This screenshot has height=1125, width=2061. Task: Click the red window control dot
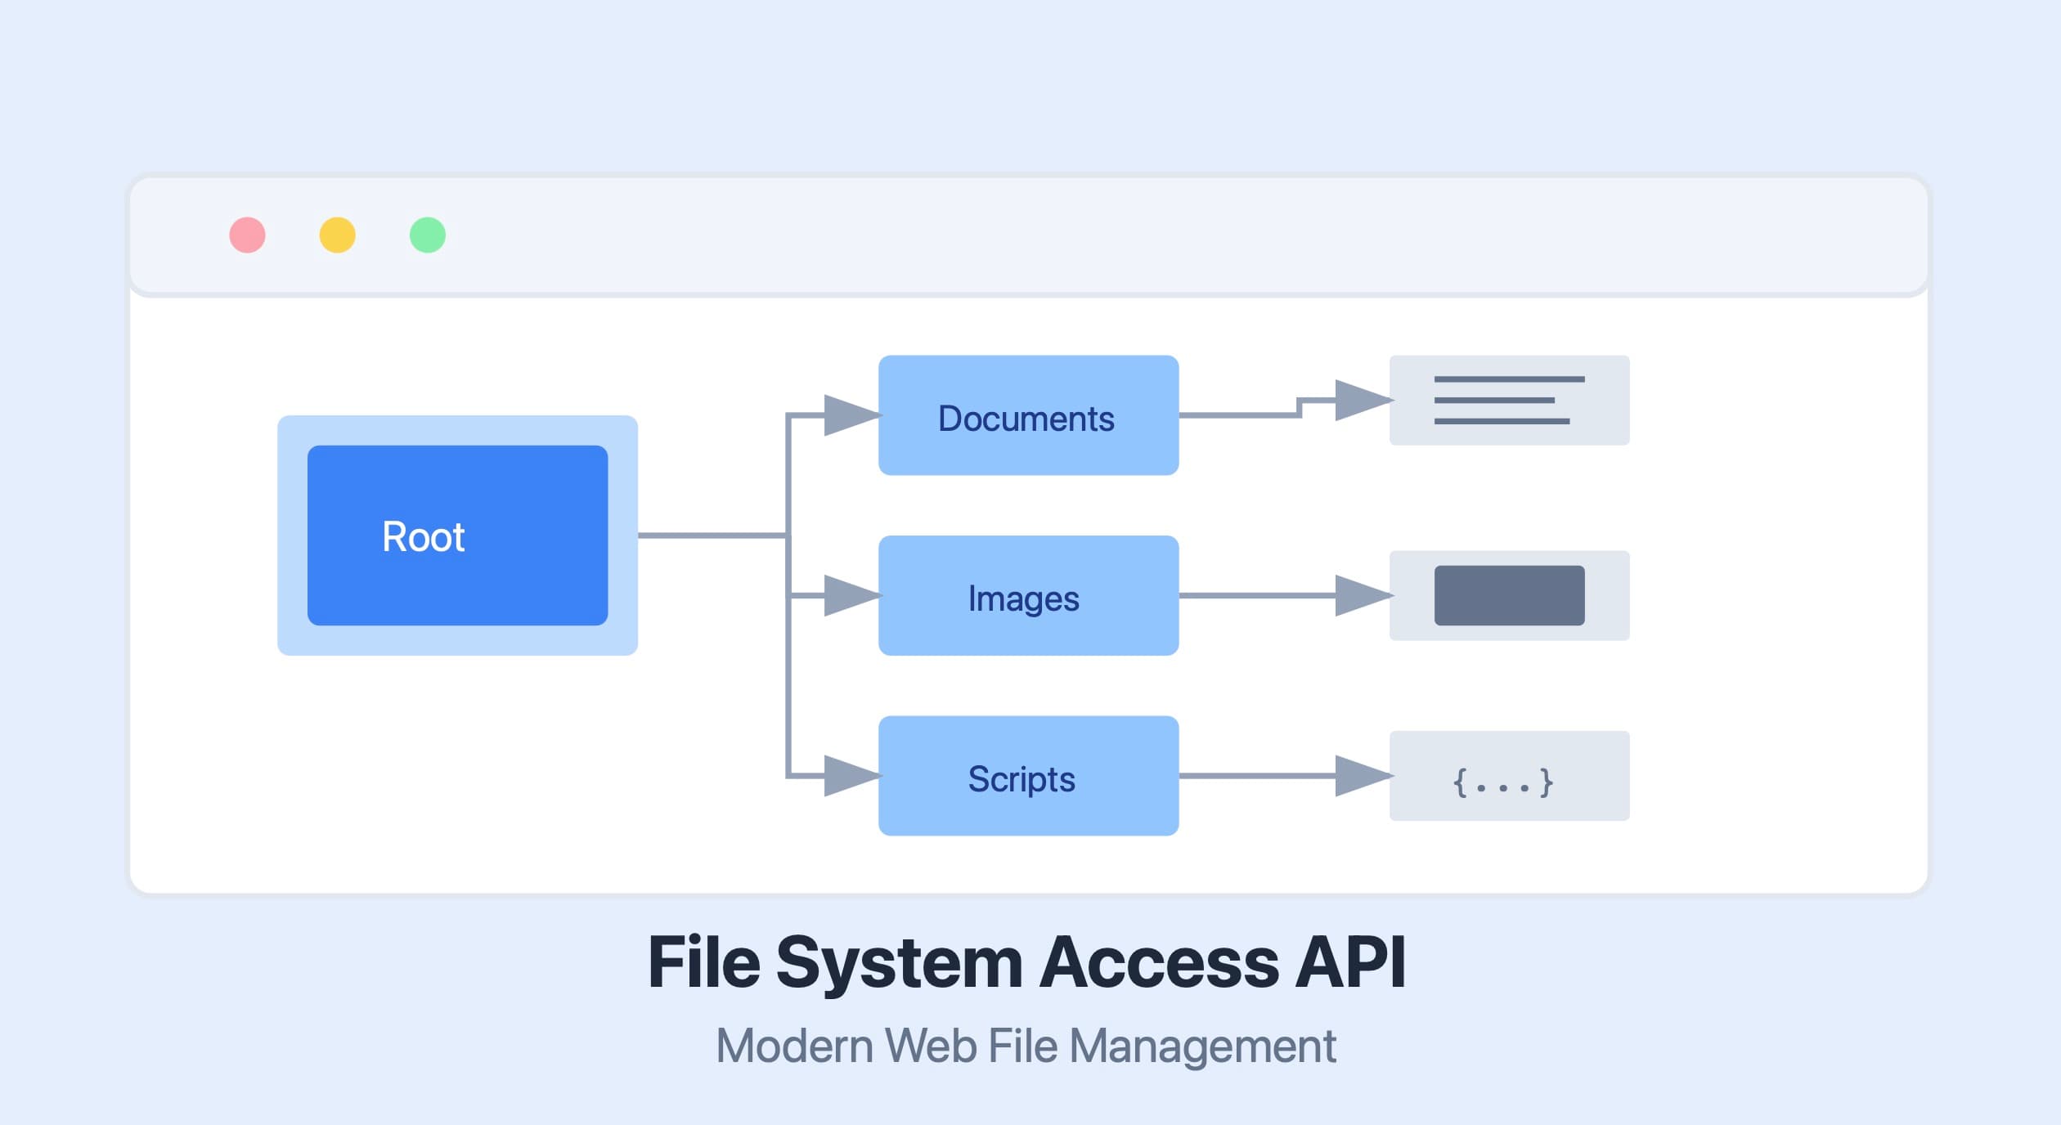pos(247,235)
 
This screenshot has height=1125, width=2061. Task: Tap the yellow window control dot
pos(337,235)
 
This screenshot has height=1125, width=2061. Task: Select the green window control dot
pos(427,235)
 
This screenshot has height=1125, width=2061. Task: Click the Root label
pos(423,537)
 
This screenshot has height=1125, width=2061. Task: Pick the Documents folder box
pos(1028,415)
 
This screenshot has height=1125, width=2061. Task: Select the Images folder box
pos(1028,595)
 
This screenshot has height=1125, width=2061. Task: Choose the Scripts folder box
pos(1028,776)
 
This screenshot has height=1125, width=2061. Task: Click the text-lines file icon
pos(1509,401)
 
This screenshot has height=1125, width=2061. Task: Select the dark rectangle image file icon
pos(1509,595)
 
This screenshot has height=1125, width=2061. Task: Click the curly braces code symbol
pos(1502,782)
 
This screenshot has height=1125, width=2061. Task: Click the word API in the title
pos(1350,963)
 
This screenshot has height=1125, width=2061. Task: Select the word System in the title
pos(899,963)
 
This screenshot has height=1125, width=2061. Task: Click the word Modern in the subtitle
pos(794,1047)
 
